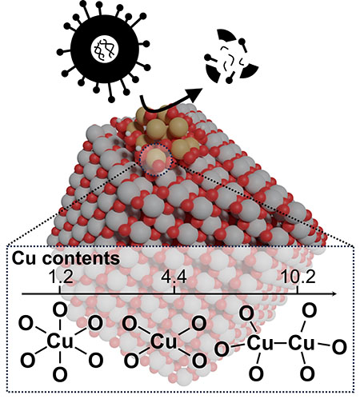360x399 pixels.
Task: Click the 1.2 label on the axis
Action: point(61,277)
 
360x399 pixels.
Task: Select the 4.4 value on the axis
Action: point(174,277)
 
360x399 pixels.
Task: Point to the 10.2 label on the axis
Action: point(298,277)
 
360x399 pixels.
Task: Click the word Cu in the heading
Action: point(24,257)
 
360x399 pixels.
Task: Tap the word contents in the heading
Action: point(80,258)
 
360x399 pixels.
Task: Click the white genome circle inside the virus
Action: point(105,49)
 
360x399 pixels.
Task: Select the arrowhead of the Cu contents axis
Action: point(334,293)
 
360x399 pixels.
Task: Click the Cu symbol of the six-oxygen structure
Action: point(60,341)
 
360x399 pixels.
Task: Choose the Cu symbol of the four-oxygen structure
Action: point(164,342)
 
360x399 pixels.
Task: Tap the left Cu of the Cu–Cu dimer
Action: point(260,343)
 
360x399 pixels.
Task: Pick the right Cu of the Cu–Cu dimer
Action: point(302,343)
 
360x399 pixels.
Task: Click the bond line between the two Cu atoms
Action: point(281,343)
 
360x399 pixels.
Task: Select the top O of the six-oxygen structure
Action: point(60,310)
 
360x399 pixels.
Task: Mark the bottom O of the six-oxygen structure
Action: point(60,374)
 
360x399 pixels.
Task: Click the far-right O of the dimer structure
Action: point(339,347)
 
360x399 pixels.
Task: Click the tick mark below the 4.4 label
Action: point(174,290)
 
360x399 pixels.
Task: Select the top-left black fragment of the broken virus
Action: point(226,35)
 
